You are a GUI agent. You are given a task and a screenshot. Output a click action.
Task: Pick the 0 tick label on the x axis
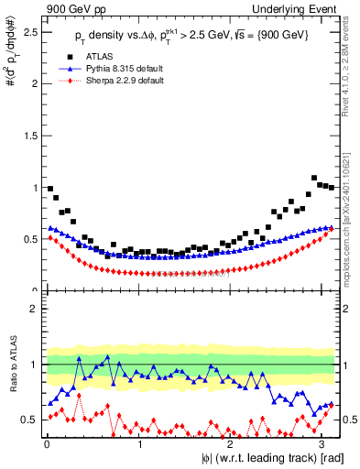[x=47, y=444]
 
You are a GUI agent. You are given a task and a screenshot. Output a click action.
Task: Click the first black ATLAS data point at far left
[x=49, y=189]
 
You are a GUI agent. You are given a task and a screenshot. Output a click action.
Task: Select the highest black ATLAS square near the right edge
[x=314, y=178]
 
